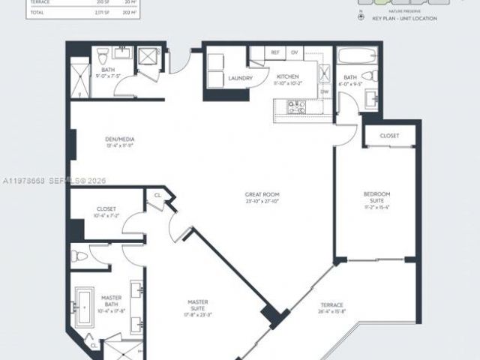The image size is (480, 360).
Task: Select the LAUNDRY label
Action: point(229,78)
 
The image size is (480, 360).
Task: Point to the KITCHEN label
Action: point(287,76)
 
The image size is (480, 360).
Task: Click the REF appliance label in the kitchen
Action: point(275,53)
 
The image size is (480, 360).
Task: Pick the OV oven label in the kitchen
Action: point(294,53)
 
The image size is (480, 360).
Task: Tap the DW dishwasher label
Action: point(325,91)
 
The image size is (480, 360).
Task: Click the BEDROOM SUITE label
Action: point(376,197)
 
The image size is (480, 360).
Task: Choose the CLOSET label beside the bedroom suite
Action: point(389,136)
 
